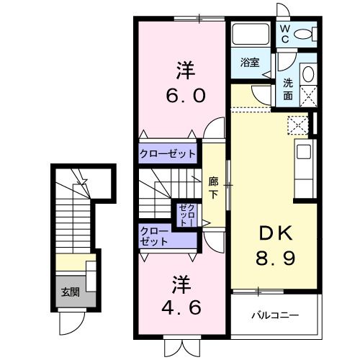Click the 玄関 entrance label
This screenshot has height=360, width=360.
(x=70, y=292)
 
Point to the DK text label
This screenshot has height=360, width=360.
(x=275, y=232)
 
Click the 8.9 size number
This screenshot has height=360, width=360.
(x=275, y=256)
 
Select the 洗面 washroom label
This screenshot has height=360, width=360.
(x=287, y=89)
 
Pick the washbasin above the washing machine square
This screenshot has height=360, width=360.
(x=307, y=74)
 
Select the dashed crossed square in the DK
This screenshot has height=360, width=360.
(x=297, y=124)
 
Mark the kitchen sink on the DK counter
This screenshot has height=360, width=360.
(x=304, y=153)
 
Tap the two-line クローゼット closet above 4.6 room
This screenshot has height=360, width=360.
(x=155, y=237)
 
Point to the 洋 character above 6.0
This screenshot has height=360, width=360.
(x=185, y=71)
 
